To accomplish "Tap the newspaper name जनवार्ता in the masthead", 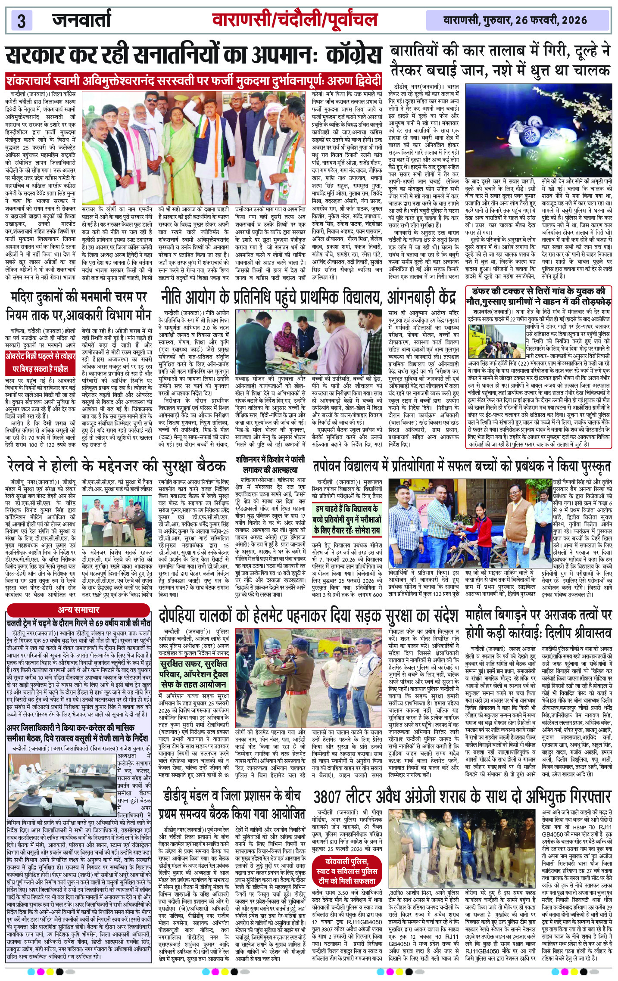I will [x=81, y=20].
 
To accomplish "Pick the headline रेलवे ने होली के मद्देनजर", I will [x=116, y=466].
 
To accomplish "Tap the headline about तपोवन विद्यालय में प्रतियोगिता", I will [x=461, y=466].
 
